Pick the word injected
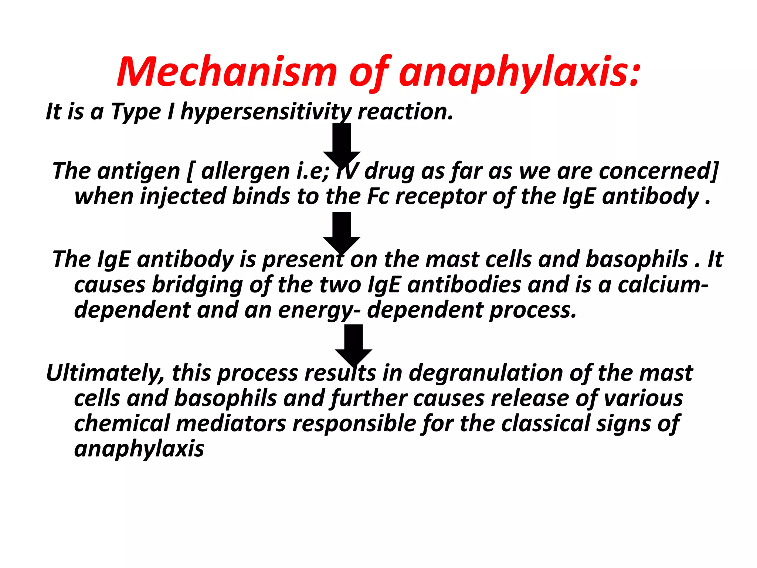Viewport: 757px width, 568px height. click(183, 196)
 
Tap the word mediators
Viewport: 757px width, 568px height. click(231, 423)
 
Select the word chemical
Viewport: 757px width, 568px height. click(122, 423)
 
